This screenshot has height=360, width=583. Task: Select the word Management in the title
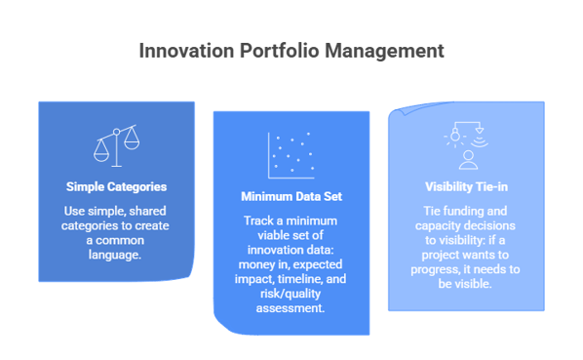[x=387, y=50]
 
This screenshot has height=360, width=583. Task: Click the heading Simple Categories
[x=116, y=186]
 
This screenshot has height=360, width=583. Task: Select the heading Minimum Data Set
[x=291, y=197]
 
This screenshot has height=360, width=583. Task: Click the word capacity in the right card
[x=437, y=224]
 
